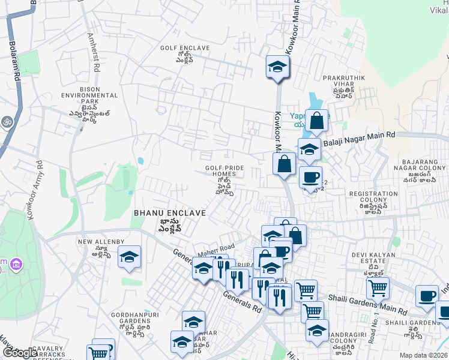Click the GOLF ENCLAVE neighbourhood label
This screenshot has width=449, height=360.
pos(184,48)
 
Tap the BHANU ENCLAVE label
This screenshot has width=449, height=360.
pos(169,213)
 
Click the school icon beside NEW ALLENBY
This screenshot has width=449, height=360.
pos(129,257)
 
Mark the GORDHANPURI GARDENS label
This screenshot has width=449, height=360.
pos(130,317)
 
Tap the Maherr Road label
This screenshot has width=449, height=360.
pos(217,248)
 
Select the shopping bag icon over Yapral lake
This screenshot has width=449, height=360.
pos(317,121)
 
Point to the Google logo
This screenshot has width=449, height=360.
pos(19,353)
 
